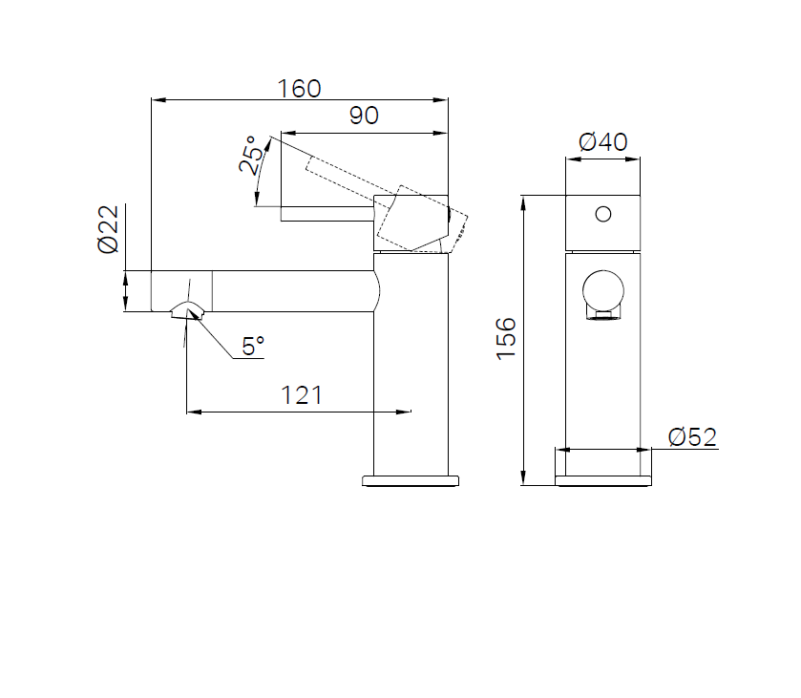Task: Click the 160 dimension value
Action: coord(299,89)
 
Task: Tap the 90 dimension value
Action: coord(364,116)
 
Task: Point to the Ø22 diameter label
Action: coord(108,229)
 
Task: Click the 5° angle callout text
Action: coord(253,346)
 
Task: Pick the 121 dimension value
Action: coord(302,395)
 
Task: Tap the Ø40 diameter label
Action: coord(602,141)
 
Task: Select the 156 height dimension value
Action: coord(506,339)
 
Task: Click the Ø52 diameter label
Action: coord(692,437)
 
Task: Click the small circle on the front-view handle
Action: coord(603,214)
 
